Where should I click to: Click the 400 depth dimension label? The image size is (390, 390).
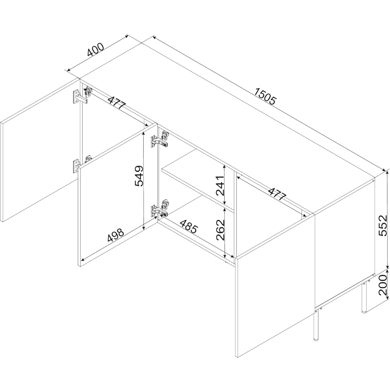pos(96,50)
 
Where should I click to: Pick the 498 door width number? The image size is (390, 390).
pos(115,236)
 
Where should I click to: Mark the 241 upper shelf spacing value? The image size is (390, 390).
pos(220,186)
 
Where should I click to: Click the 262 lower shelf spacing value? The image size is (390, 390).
pos(220,230)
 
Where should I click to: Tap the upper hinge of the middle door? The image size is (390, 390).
pos(160,139)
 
